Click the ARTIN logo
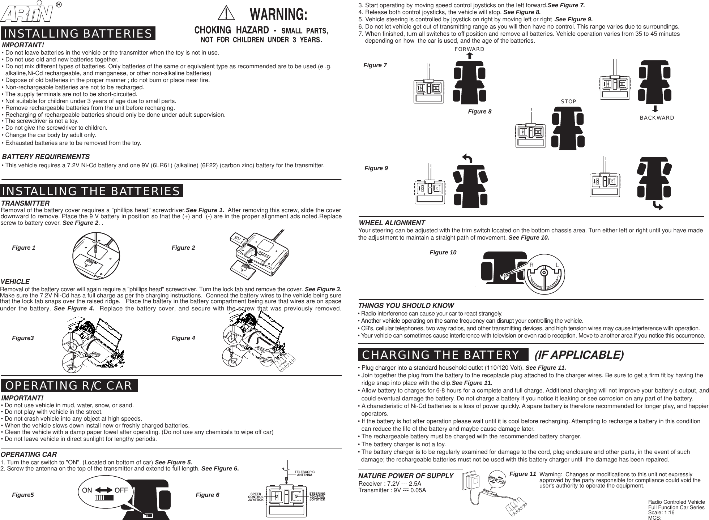27,13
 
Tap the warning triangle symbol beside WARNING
226,14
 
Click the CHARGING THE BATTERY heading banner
440,355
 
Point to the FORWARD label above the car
469,49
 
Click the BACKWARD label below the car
657,118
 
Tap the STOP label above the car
568,102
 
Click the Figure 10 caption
443,253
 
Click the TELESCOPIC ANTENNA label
304,474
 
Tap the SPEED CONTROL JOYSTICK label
256,497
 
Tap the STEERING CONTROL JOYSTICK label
317,497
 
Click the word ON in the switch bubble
87,490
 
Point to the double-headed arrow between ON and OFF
104,490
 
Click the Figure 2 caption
183,248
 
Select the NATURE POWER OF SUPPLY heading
406,476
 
